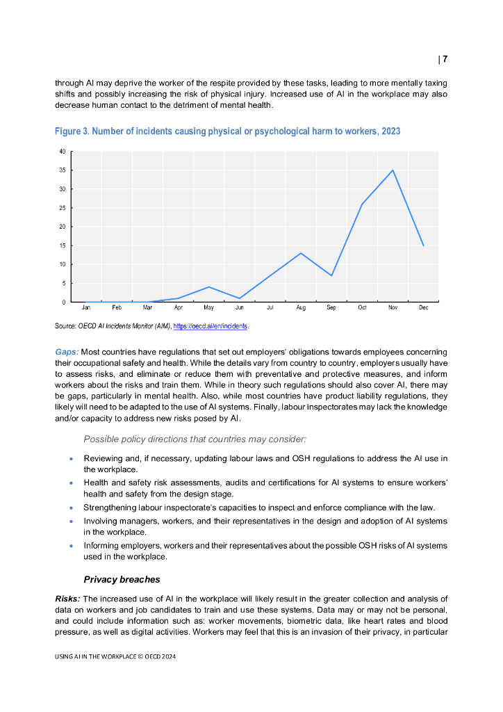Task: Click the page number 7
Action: tap(444, 59)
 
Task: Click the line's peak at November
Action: tap(393, 170)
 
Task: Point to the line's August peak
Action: tap(301, 253)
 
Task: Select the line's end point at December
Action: tap(423, 245)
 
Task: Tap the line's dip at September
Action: tap(331, 275)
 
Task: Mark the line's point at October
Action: tap(362, 204)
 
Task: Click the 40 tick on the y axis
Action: tap(63, 151)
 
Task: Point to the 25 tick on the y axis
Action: tap(63, 208)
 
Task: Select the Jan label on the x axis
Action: tap(86, 307)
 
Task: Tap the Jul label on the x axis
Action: tap(270, 307)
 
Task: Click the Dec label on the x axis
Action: tap(423, 307)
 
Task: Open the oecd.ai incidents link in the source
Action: tap(211, 326)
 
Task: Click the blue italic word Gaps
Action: tap(67, 353)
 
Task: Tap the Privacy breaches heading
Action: tap(122, 579)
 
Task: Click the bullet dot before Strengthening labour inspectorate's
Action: tap(72, 508)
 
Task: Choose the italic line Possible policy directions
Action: tap(195, 439)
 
